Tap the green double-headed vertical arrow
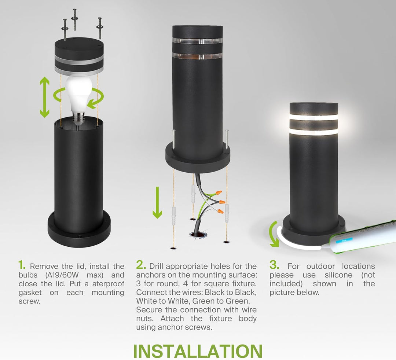44,97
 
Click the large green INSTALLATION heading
198,351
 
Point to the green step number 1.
22,265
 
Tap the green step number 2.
141,265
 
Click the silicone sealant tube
363,236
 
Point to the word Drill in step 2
158,266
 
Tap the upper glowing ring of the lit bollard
313,117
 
